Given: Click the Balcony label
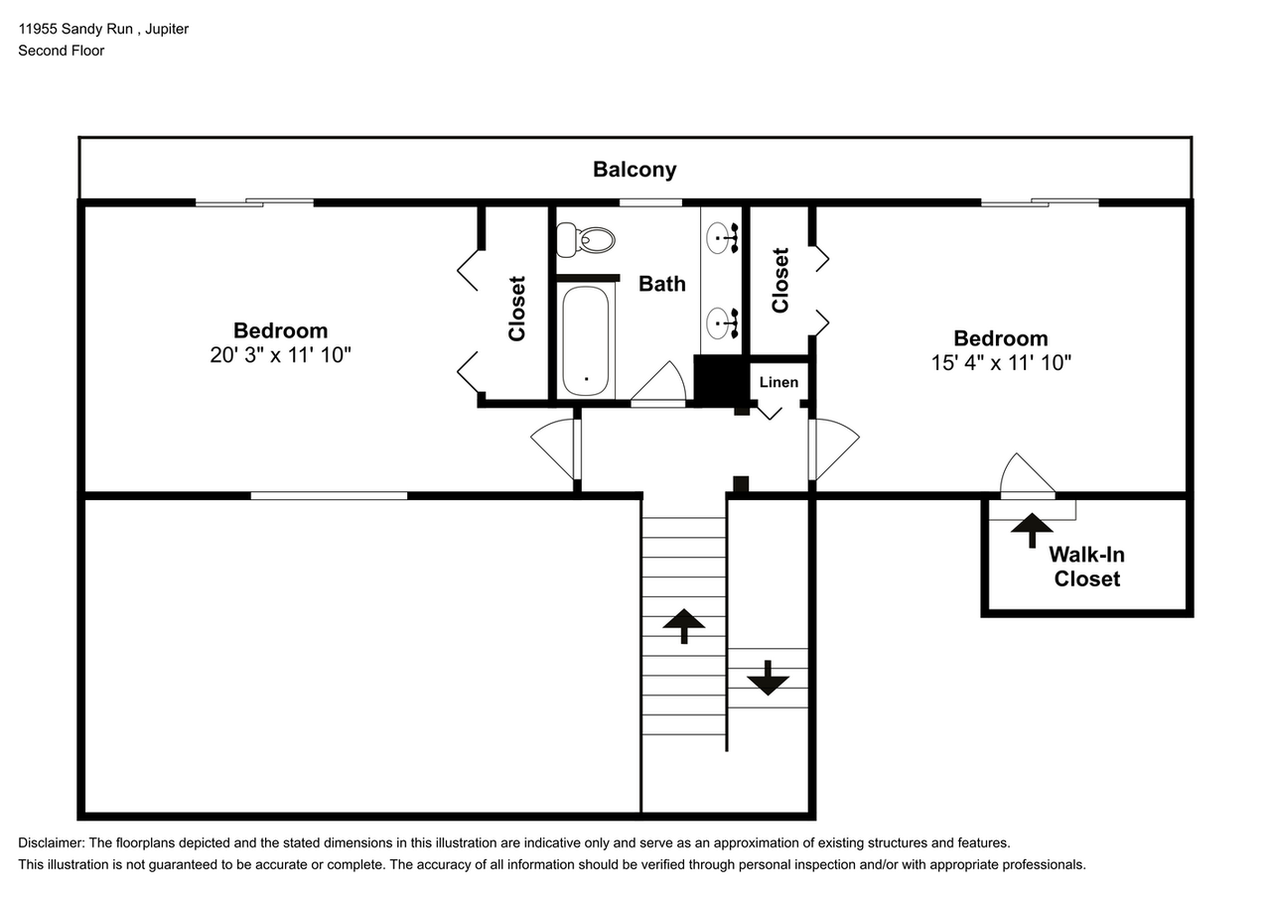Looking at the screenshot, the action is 635,169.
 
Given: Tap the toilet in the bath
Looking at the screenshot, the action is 585,240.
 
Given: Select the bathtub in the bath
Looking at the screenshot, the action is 586,341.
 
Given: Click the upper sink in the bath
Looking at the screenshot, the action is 722,237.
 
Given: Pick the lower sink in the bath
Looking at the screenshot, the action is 722,323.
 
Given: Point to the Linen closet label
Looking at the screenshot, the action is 778,382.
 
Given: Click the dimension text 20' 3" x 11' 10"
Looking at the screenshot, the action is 280,355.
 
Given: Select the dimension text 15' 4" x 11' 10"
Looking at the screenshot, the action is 1001,362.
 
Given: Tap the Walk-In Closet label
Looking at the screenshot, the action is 1086,567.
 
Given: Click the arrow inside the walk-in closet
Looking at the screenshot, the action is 1032,530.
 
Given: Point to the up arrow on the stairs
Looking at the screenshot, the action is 684,626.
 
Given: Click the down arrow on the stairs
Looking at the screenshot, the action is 768,678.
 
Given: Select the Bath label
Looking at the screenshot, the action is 662,284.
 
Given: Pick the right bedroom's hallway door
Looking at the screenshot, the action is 834,449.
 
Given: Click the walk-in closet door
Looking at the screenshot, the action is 1028,476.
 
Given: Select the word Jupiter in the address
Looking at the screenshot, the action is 167,29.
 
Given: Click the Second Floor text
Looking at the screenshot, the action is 62,51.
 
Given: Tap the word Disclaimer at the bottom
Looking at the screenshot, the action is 52,843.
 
